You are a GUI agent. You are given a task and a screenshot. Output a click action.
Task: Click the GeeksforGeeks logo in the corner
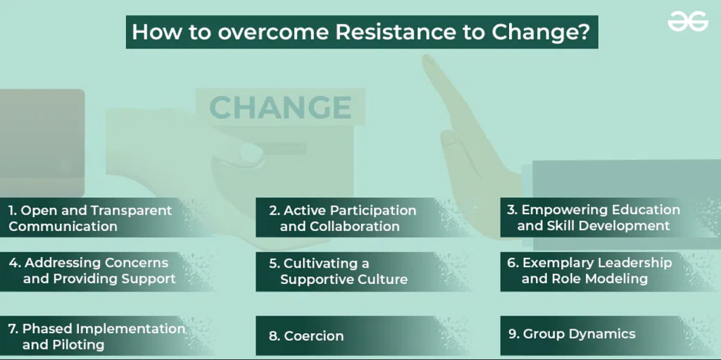[688, 21]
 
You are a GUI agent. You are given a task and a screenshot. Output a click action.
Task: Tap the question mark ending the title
[585, 32]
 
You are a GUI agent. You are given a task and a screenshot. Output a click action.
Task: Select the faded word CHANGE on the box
[280, 107]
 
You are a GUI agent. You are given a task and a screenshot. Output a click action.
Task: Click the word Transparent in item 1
[131, 211]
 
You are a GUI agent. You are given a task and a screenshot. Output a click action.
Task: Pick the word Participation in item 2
[372, 211]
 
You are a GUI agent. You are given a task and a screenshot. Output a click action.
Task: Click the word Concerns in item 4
[136, 263]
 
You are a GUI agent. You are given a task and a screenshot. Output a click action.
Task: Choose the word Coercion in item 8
[313, 336]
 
